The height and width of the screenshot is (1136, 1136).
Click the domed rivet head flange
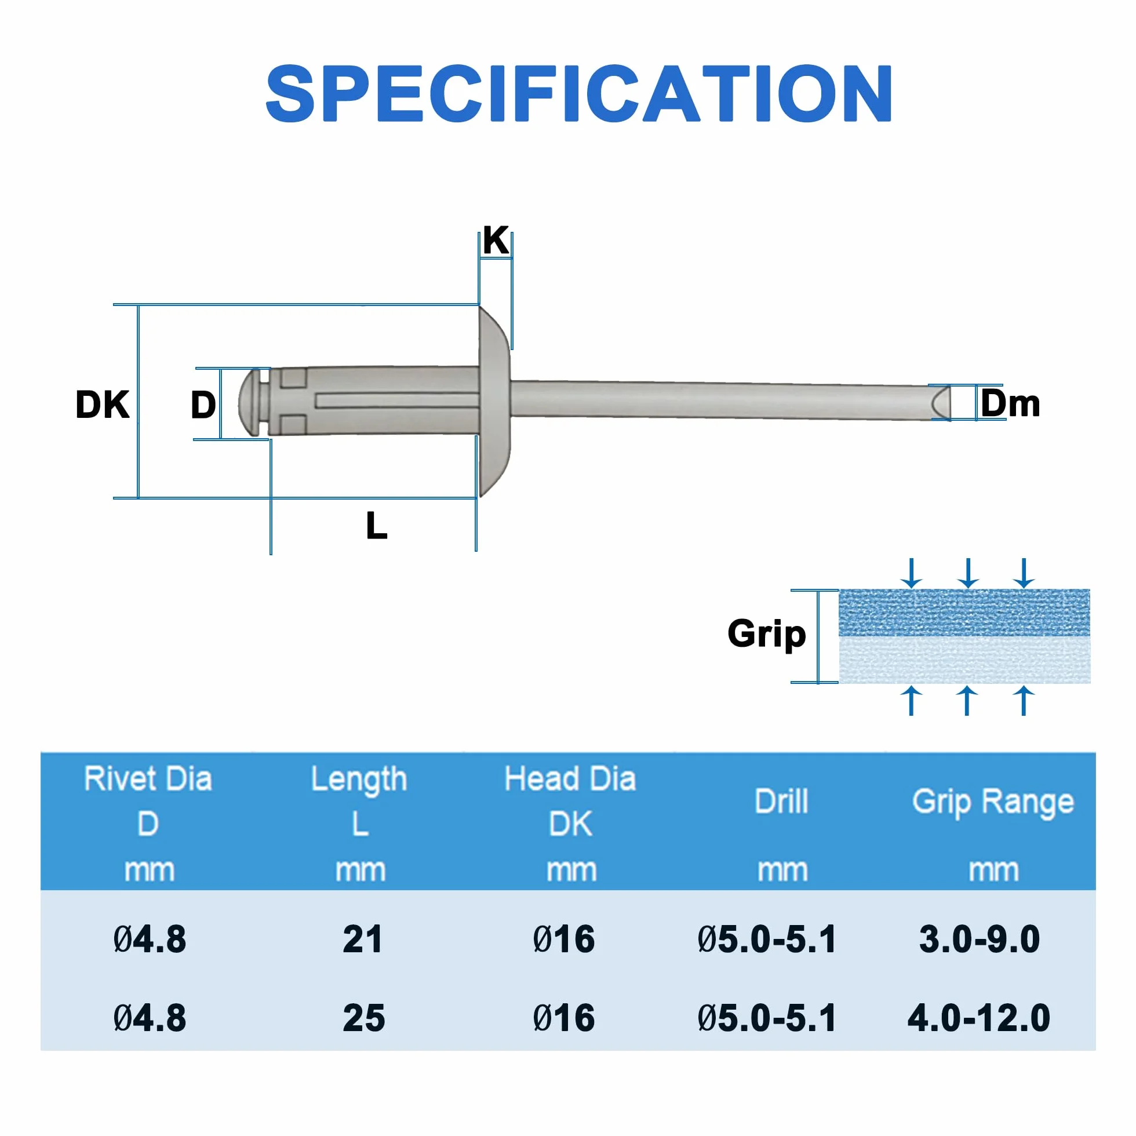[x=494, y=402]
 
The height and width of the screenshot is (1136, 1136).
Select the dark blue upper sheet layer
[x=964, y=612]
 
